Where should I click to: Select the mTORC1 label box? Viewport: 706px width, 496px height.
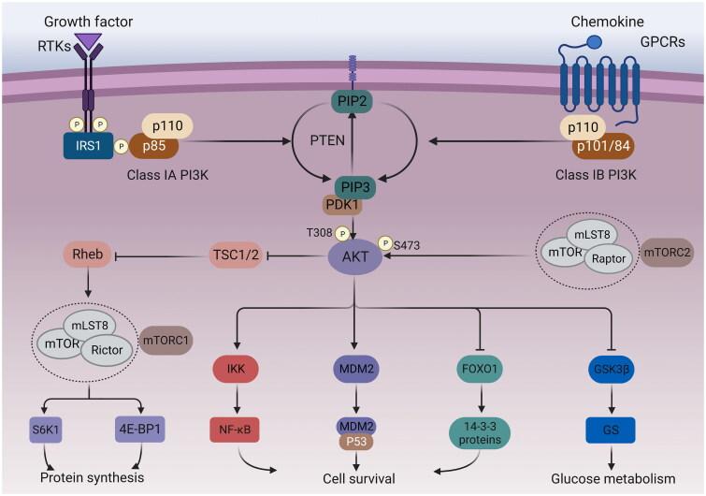[166, 343]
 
